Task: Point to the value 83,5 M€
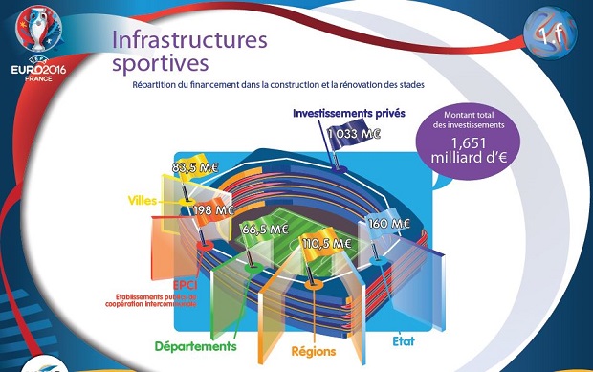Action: coord(196,167)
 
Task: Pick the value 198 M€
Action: coord(214,209)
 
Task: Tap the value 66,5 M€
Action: coord(265,230)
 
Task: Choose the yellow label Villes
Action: coord(146,201)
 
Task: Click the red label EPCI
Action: coord(185,285)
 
